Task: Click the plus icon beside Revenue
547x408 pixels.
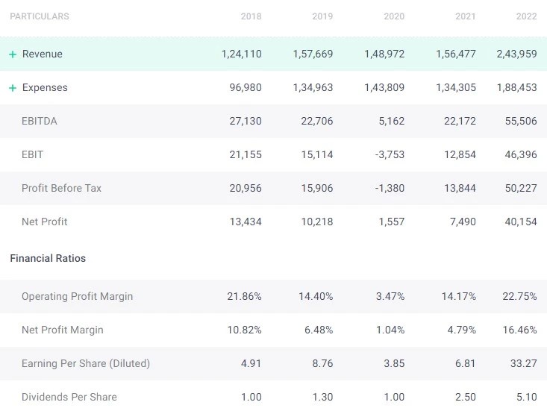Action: coord(13,54)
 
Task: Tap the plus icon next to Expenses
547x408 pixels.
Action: coord(13,88)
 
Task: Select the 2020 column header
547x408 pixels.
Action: coord(394,16)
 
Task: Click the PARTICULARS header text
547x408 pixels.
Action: coord(40,16)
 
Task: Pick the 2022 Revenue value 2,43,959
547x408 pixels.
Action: coord(516,54)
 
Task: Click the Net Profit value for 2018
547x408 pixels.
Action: coord(246,222)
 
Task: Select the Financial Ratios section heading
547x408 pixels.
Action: coord(48,258)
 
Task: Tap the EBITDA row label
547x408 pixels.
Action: coord(40,121)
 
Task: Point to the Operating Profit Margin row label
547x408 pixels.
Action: coord(77,296)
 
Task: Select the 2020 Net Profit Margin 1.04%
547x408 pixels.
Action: coord(390,330)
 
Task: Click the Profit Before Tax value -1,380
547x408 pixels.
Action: coord(390,188)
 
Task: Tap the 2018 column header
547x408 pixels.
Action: coord(251,16)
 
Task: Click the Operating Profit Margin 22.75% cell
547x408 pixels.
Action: coord(519,296)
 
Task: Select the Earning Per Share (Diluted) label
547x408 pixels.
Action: coord(86,363)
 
